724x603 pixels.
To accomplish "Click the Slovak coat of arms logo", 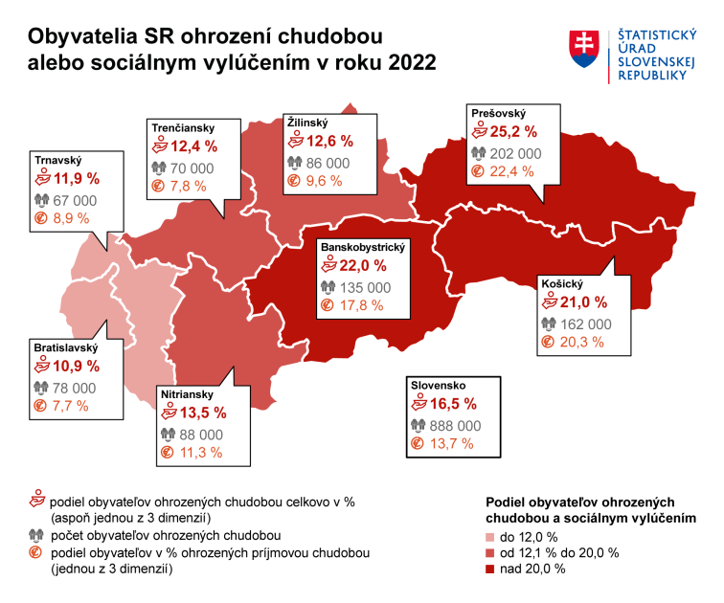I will click(x=585, y=49).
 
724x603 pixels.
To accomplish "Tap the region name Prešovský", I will click(x=499, y=114).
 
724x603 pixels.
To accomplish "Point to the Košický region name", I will click(x=561, y=284).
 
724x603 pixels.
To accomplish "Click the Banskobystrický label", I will click(x=363, y=247).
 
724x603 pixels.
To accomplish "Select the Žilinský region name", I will click(x=307, y=123).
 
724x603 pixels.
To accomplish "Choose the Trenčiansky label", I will click(x=182, y=127).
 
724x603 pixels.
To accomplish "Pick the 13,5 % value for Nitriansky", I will click(x=201, y=413).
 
